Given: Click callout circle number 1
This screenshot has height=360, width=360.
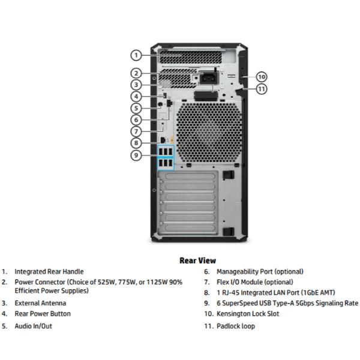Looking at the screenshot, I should (x=136, y=55).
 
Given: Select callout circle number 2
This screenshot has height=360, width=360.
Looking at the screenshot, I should (x=136, y=73).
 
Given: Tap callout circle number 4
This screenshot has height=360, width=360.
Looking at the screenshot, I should (x=136, y=96).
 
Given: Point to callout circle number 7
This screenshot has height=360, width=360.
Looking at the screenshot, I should (x=136, y=131).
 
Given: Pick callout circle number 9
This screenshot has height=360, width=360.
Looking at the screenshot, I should (x=136, y=155).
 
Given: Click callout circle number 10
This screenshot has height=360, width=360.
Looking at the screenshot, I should (x=261, y=76).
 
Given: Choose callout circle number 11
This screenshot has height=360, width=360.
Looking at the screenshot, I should (x=261, y=89).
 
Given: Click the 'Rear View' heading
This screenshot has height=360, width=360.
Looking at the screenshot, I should (x=197, y=260).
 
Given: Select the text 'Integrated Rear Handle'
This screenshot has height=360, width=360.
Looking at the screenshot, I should (x=49, y=272).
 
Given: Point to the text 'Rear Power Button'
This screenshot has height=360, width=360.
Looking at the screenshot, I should (x=43, y=314).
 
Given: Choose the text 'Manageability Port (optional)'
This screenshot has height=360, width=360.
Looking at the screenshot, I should (x=260, y=272).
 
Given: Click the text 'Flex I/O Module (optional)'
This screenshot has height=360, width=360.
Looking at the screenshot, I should (x=254, y=282).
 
